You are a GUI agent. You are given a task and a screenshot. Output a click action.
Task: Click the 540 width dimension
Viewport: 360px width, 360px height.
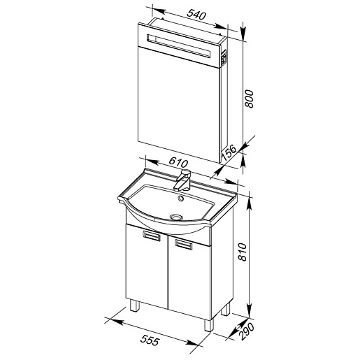tap(196, 15)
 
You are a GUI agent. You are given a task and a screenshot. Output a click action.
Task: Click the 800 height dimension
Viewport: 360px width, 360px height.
tap(249, 99)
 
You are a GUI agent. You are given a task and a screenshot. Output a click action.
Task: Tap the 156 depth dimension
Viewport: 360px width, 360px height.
tap(229, 153)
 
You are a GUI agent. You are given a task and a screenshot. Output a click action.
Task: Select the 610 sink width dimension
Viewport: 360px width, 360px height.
tap(178, 162)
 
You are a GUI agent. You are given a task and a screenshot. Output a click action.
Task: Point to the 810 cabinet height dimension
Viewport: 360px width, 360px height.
tap(243, 252)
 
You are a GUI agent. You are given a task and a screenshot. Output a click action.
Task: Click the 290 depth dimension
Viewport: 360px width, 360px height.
tap(247, 332)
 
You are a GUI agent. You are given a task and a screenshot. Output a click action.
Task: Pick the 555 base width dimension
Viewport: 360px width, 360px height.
tap(150, 340)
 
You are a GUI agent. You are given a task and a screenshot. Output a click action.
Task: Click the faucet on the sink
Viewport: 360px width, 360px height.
tap(183, 180)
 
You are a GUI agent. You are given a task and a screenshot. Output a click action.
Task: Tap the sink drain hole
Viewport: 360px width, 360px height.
tap(176, 217)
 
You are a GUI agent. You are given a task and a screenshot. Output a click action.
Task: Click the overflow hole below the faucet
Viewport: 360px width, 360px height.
tap(180, 199)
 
